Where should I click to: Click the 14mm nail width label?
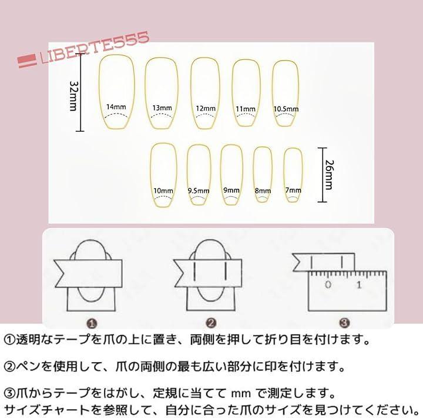coord(116,107)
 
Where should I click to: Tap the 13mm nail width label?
coord(162,108)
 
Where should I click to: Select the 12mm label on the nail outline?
coord(206,109)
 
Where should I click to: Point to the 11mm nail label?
coord(246,109)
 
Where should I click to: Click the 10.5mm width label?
coord(286,109)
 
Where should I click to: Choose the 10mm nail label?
coord(163,191)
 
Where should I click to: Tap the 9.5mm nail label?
coord(199,191)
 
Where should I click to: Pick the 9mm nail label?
coord(231,190)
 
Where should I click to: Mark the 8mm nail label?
coord(263,191)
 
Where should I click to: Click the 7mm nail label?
coord(293,190)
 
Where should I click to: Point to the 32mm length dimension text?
coord(73,96)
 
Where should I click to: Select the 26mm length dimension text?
coord(330,175)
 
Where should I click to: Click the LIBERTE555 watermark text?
coord(95,48)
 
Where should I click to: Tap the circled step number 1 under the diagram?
coord(92,323)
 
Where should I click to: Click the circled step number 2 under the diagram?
coord(211,323)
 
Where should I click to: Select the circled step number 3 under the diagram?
coord(344,322)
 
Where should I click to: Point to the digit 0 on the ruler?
coord(328,285)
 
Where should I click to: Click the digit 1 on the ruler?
coord(359,285)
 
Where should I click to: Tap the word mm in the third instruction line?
coord(241,394)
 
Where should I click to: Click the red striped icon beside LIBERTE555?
coord(27,61)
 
